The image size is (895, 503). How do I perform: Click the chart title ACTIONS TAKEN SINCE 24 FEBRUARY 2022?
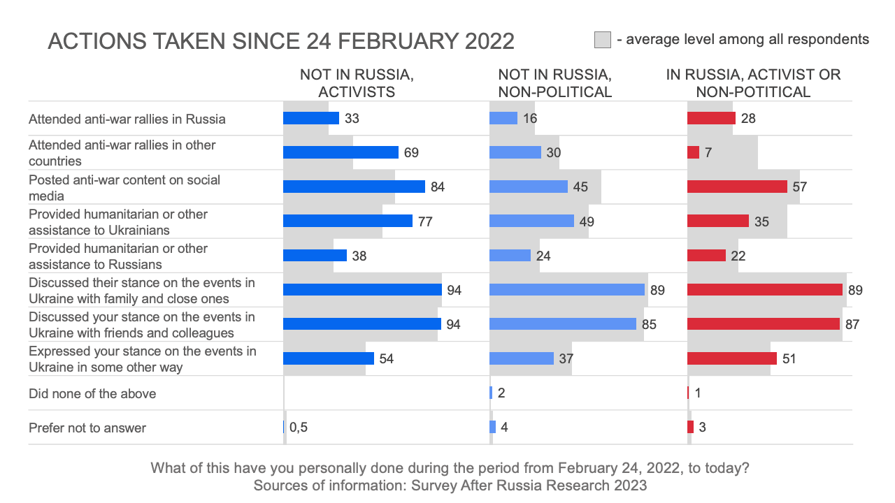click(x=280, y=41)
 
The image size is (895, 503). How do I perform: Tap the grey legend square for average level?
click(x=603, y=40)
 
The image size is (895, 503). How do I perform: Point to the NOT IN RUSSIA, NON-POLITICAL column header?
click(x=555, y=83)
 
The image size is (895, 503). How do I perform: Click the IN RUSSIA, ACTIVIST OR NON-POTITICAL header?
click(x=753, y=83)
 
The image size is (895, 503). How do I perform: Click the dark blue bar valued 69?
click(x=341, y=152)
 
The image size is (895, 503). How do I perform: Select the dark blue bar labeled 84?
click(x=354, y=187)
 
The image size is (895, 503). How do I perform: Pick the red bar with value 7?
click(x=693, y=152)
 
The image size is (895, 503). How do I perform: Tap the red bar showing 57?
click(x=738, y=187)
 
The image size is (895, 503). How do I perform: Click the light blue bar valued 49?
click(x=531, y=221)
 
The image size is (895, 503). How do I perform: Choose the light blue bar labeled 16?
click(x=503, y=118)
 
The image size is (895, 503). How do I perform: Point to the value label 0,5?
click(x=299, y=428)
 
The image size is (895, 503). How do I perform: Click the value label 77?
click(x=425, y=221)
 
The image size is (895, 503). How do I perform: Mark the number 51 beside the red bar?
click(x=789, y=359)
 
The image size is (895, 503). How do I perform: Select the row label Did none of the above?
click(x=92, y=393)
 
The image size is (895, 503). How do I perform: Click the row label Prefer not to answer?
click(x=87, y=428)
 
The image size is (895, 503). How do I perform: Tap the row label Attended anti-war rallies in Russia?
click(x=127, y=119)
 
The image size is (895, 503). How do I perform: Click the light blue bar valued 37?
click(x=522, y=358)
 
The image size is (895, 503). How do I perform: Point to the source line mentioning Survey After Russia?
click(x=450, y=485)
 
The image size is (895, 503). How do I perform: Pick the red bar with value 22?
click(x=706, y=255)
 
